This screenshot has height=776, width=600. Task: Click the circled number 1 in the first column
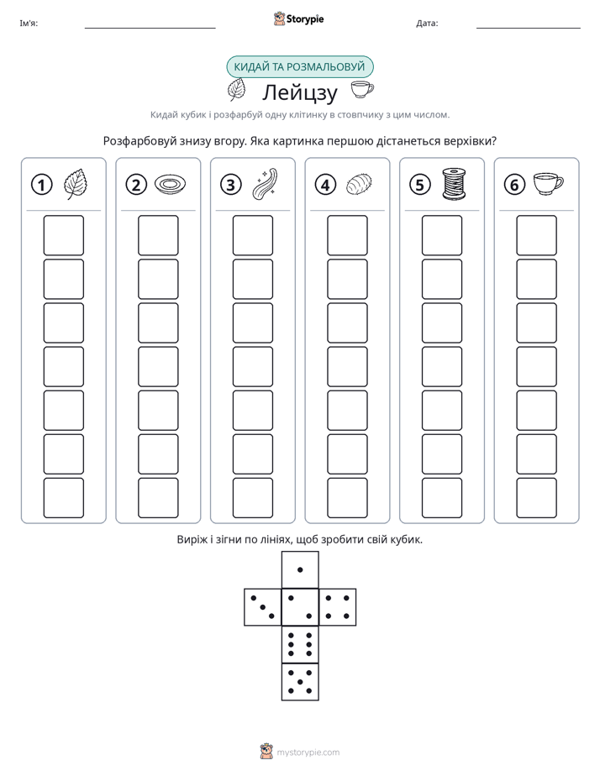[x=41, y=185]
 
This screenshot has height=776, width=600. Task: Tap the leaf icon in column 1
[x=76, y=184]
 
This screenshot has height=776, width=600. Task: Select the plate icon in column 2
[x=171, y=185]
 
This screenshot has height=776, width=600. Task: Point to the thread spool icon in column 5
[x=454, y=184]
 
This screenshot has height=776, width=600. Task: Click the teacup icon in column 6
[x=548, y=184]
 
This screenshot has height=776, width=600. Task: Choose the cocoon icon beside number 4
[x=360, y=185]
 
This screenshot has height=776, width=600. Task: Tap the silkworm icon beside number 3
[x=265, y=184]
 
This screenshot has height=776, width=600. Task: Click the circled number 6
[x=514, y=185]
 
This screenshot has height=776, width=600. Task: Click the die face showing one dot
[x=300, y=569]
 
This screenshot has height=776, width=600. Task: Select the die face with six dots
[x=300, y=644]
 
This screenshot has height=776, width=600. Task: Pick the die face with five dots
[x=300, y=681]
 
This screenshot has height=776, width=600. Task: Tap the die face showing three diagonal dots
[x=263, y=606]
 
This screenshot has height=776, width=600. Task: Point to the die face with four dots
[x=338, y=606]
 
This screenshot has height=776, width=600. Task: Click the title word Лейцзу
[x=299, y=92]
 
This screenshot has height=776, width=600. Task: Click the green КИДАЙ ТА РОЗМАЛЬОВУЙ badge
[x=299, y=67]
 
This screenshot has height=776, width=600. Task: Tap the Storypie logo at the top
[x=298, y=18]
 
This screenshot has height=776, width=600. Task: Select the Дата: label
[x=427, y=24]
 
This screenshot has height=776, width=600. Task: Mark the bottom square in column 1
[x=63, y=498]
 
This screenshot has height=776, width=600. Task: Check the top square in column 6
[x=537, y=235]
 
